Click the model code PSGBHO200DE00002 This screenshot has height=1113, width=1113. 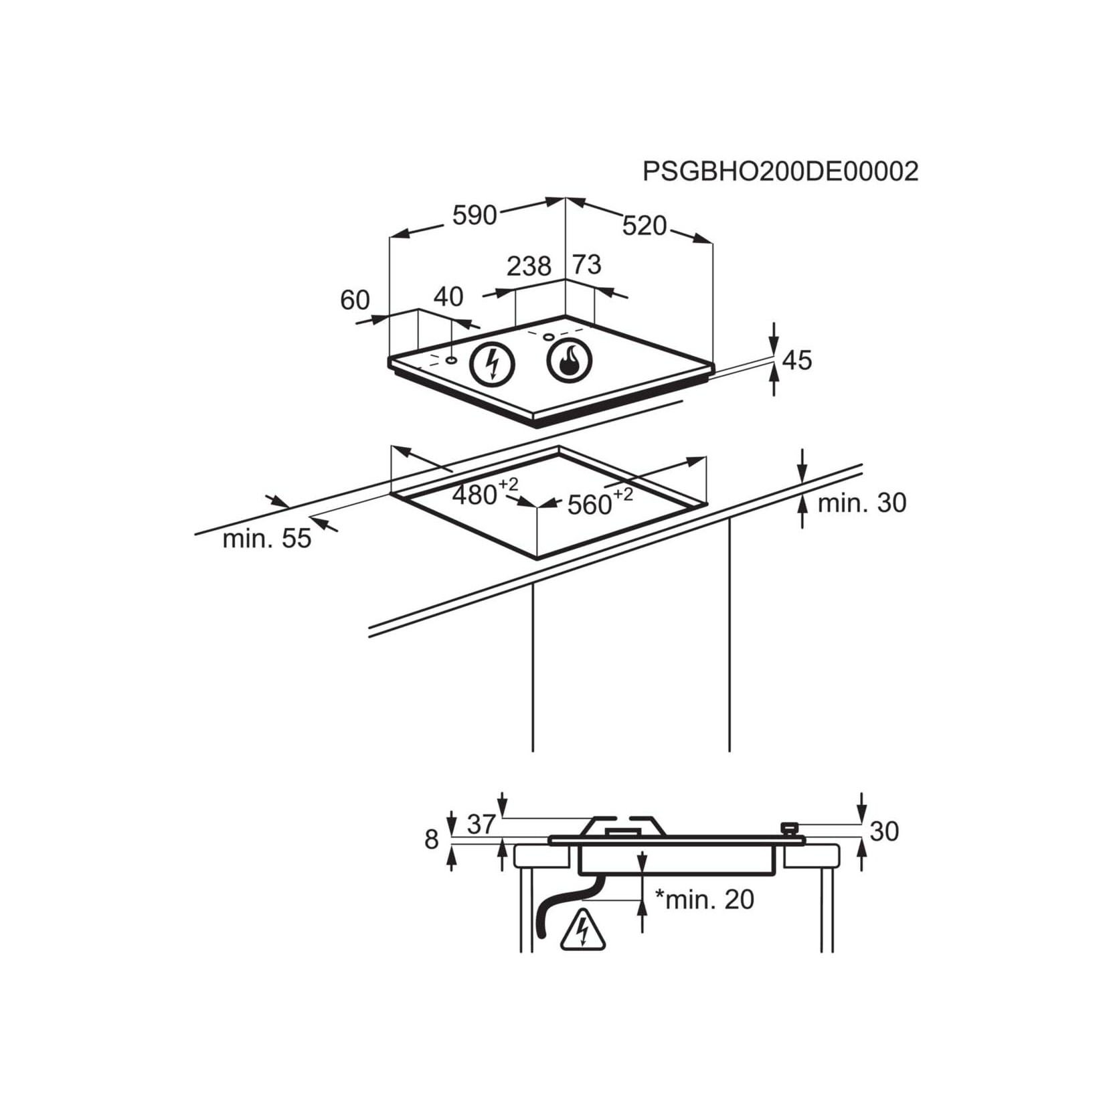click(780, 171)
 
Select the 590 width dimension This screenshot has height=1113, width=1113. click(475, 215)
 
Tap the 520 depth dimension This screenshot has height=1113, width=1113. click(645, 226)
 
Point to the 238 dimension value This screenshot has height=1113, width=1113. click(529, 266)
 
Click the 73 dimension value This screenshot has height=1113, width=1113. click(587, 265)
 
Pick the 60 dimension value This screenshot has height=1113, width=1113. click(355, 300)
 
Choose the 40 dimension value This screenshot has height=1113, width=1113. click(448, 296)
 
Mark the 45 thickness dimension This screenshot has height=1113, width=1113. click(797, 360)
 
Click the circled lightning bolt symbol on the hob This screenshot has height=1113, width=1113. click(493, 365)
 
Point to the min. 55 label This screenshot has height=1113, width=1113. click(267, 539)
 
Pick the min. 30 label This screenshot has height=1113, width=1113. click(862, 503)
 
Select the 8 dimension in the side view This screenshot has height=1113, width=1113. click(432, 839)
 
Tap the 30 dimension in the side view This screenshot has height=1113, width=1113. click(884, 831)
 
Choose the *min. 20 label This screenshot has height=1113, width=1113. click(704, 900)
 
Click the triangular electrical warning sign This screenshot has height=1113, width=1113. click(583, 930)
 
